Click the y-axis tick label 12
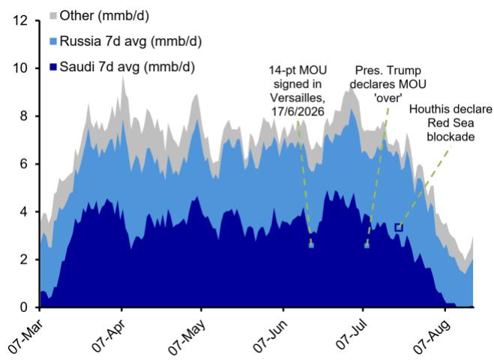click(x=20, y=20)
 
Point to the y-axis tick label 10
click(x=20, y=68)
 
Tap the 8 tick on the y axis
click(x=24, y=116)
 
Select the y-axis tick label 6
click(x=24, y=164)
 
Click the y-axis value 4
click(x=24, y=211)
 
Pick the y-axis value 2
click(x=24, y=259)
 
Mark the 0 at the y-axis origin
click(x=24, y=307)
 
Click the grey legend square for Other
click(x=53, y=15)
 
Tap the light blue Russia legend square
click(x=53, y=41)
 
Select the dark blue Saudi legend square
click(x=53, y=67)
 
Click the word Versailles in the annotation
click(x=298, y=97)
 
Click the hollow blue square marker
click(x=399, y=227)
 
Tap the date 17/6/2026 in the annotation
click(x=298, y=112)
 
